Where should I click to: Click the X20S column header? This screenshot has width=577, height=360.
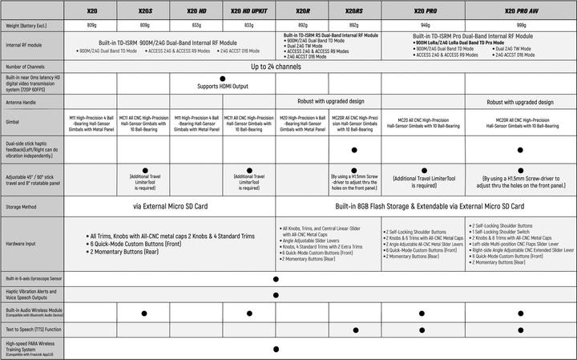(x=144, y=12)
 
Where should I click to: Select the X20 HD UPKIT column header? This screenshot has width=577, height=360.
(x=248, y=12)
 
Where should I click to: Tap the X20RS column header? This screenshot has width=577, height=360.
(x=353, y=12)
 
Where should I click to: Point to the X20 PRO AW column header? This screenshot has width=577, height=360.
(x=519, y=12)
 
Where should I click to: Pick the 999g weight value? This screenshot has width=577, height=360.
(x=519, y=25)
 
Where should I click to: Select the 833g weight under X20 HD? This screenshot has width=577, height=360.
(x=196, y=25)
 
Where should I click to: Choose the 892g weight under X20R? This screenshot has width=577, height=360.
(x=301, y=25)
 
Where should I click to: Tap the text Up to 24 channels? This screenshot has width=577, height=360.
(x=276, y=67)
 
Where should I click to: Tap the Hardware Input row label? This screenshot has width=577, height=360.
(x=22, y=244)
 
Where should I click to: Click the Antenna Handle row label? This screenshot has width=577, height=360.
(x=22, y=103)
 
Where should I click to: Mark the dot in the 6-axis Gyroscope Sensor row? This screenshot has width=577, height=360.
(x=276, y=279)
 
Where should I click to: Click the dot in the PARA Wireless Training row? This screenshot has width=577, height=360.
(x=276, y=349)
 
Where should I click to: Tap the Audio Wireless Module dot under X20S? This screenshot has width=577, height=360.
(x=144, y=310)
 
